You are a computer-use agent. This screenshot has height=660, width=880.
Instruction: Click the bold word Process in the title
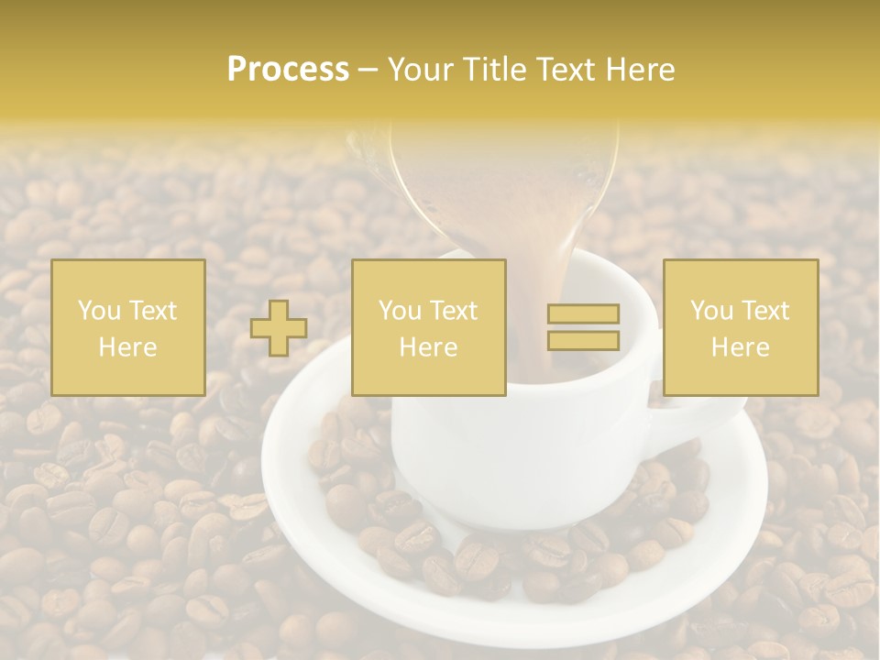click(x=288, y=70)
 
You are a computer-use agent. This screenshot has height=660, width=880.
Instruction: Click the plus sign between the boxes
click(x=279, y=327)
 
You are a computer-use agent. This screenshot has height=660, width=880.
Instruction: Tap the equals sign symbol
click(x=583, y=327)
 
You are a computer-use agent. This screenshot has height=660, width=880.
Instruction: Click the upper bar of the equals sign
click(x=583, y=314)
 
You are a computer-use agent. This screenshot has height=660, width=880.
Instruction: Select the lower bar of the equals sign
click(x=583, y=340)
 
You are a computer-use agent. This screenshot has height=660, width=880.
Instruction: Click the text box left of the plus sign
click(x=127, y=327)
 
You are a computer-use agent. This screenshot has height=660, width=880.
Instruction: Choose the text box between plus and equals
click(x=428, y=327)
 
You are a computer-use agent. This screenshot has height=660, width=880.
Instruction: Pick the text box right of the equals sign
click(x=741, y=327)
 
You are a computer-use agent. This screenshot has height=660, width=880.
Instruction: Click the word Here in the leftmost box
click(x=127, y=347)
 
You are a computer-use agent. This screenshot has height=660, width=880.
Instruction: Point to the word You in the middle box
click(x=400, y=311)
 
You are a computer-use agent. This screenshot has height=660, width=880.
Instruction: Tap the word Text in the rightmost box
click(x=764, y=311)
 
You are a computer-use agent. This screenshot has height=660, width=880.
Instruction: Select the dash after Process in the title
click(x=368, y=70)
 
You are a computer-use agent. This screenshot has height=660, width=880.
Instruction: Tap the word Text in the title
click(x=566, y=70)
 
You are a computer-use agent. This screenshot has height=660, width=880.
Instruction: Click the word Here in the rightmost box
click(x=741, y=347)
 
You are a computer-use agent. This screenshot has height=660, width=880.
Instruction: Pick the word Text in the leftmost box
click(x=152, y=311)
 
